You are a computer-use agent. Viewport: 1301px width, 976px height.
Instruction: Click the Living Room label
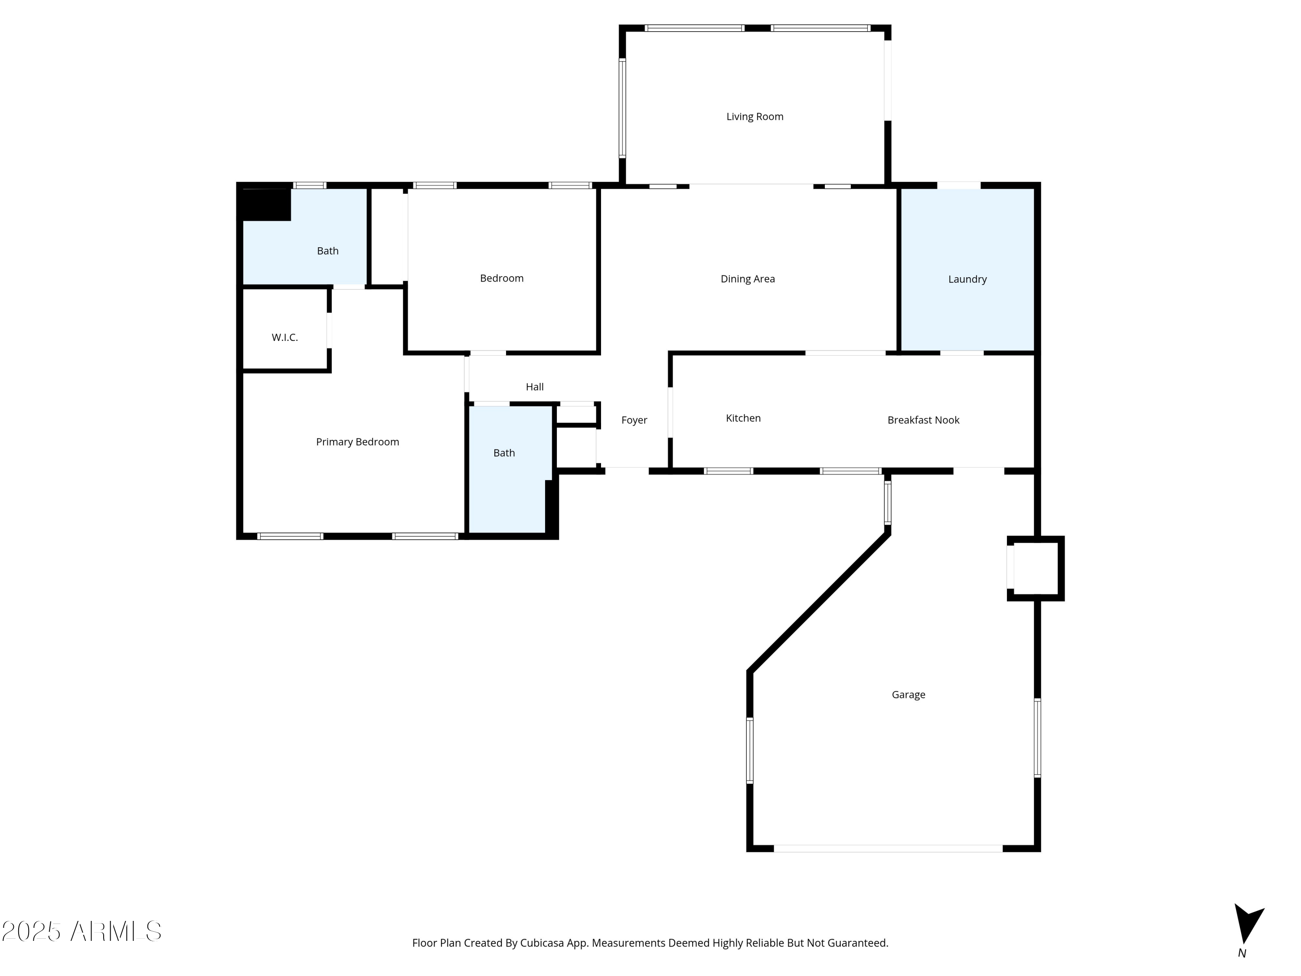pos(755,117)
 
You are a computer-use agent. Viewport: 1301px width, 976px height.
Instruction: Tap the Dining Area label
pos(748,279)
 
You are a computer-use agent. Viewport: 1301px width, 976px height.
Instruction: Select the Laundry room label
pos(967,279)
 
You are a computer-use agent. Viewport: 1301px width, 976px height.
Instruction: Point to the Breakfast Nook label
pos(923,420)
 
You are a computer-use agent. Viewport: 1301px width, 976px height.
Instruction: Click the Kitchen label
pos(743,418)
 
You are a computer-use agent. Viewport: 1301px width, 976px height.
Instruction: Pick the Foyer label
pos(634,420)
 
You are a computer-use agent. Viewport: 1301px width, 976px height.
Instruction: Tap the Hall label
pos(535,387)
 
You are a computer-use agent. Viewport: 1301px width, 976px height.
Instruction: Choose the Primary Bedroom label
pos(358,442)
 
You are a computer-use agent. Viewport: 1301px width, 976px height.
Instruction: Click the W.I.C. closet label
pos(284,337)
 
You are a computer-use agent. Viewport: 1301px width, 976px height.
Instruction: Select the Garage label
pos(908,695)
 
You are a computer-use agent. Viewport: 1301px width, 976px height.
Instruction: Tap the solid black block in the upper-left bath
pos(266,204)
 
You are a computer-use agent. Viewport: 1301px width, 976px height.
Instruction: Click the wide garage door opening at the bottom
pos(888,848)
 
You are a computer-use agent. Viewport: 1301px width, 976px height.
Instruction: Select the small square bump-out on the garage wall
pos(1036,568)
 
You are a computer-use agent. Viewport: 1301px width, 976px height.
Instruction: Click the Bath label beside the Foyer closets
pos(504,453)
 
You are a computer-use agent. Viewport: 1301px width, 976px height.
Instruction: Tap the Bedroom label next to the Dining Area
pos(502,278)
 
